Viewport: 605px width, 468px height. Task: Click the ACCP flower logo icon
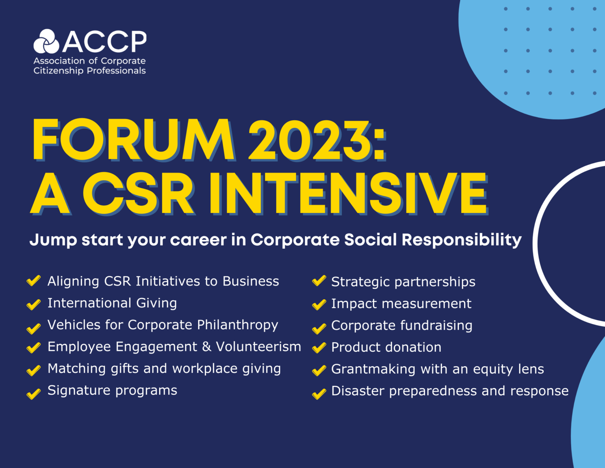46,41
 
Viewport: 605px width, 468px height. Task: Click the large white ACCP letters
104,42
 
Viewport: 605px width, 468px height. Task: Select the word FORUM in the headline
133,140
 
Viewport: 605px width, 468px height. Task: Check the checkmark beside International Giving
33,304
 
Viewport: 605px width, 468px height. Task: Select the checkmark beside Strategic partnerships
319,281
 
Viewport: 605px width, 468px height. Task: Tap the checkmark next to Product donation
319,348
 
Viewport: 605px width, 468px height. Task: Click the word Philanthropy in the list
238,325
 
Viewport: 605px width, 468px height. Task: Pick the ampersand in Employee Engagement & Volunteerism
206,347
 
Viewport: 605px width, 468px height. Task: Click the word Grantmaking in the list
373,369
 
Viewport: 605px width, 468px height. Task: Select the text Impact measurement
401,304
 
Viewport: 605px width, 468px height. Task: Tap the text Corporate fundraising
401,325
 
